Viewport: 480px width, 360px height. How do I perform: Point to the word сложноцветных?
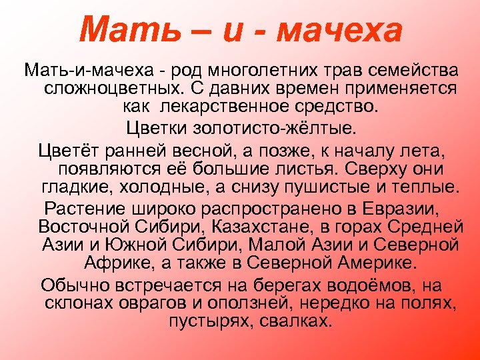coord(113,88)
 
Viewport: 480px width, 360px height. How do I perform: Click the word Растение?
coord(79,206)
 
